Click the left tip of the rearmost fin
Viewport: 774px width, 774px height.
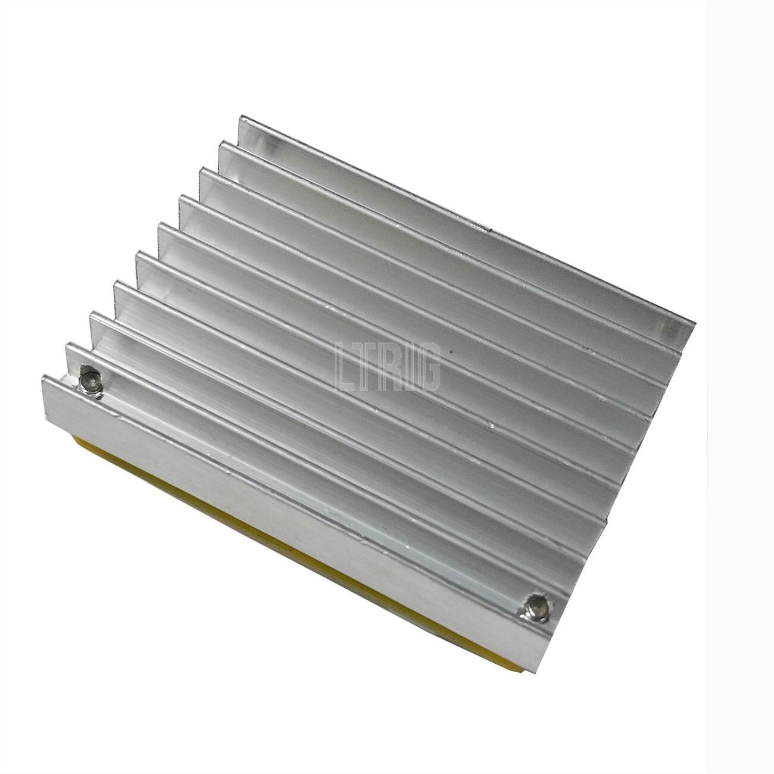[x=240, y=117]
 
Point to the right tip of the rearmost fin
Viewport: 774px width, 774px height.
[x=695, y=323]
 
